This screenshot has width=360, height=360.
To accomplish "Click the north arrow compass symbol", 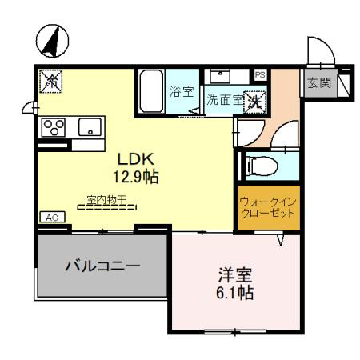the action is tap(52, 41).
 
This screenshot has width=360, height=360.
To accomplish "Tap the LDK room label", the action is tap(136, 159).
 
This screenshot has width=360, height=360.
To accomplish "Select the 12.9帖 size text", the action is tap(136, 177).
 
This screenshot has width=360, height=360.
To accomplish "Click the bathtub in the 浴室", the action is tap(151, 91).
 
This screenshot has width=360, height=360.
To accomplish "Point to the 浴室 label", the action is tap(182, 92).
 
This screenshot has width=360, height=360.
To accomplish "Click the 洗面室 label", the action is tap(225, 100).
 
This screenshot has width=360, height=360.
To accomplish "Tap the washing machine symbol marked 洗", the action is tap(255, 102).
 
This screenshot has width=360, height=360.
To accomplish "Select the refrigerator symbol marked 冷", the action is tap(50, 81).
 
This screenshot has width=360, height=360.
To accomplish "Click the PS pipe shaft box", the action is tap(261, 75).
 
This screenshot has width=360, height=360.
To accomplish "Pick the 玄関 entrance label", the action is tap(319, 82).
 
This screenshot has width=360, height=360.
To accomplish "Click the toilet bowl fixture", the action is tap(262, 166).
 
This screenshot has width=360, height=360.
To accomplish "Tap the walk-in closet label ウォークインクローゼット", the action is tap(268, 207).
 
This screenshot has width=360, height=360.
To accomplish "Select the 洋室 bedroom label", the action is tap(235, 275).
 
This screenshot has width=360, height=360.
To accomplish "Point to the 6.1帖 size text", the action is tap(234, 293).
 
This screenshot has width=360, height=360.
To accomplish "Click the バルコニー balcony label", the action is tap(102, 266).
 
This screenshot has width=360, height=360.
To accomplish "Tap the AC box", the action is tap(53, 217).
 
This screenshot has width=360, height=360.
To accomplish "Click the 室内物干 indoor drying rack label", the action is tap(106, 199).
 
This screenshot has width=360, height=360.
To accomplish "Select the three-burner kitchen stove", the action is tap(54, 127).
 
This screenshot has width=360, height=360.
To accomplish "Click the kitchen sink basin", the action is tap(90, 127).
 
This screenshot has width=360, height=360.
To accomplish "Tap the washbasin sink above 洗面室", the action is tap(220, 76).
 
